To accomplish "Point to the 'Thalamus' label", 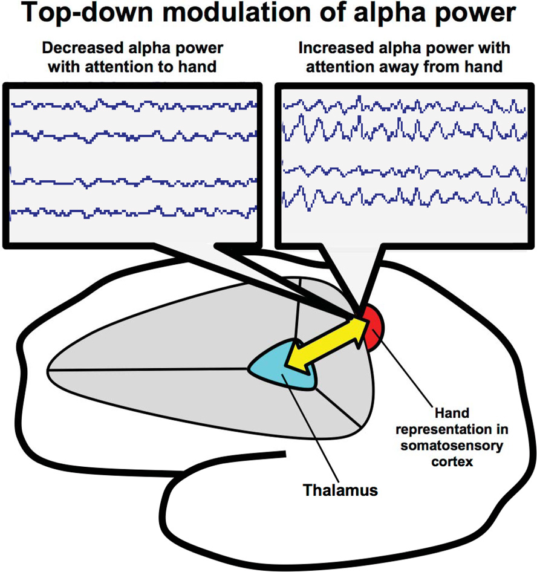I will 340,490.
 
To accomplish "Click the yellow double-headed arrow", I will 327,345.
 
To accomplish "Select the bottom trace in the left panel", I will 133,211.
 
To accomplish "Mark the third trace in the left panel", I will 133,181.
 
